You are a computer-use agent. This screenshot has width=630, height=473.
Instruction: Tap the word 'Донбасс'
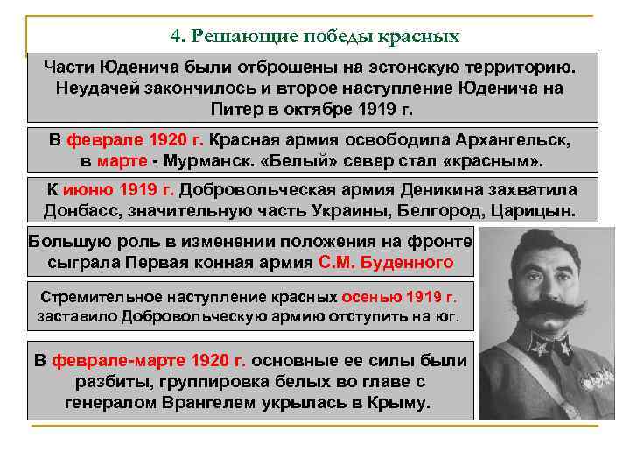tap(78, 213)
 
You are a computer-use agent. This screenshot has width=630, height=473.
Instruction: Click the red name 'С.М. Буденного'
tap(386, 262)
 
